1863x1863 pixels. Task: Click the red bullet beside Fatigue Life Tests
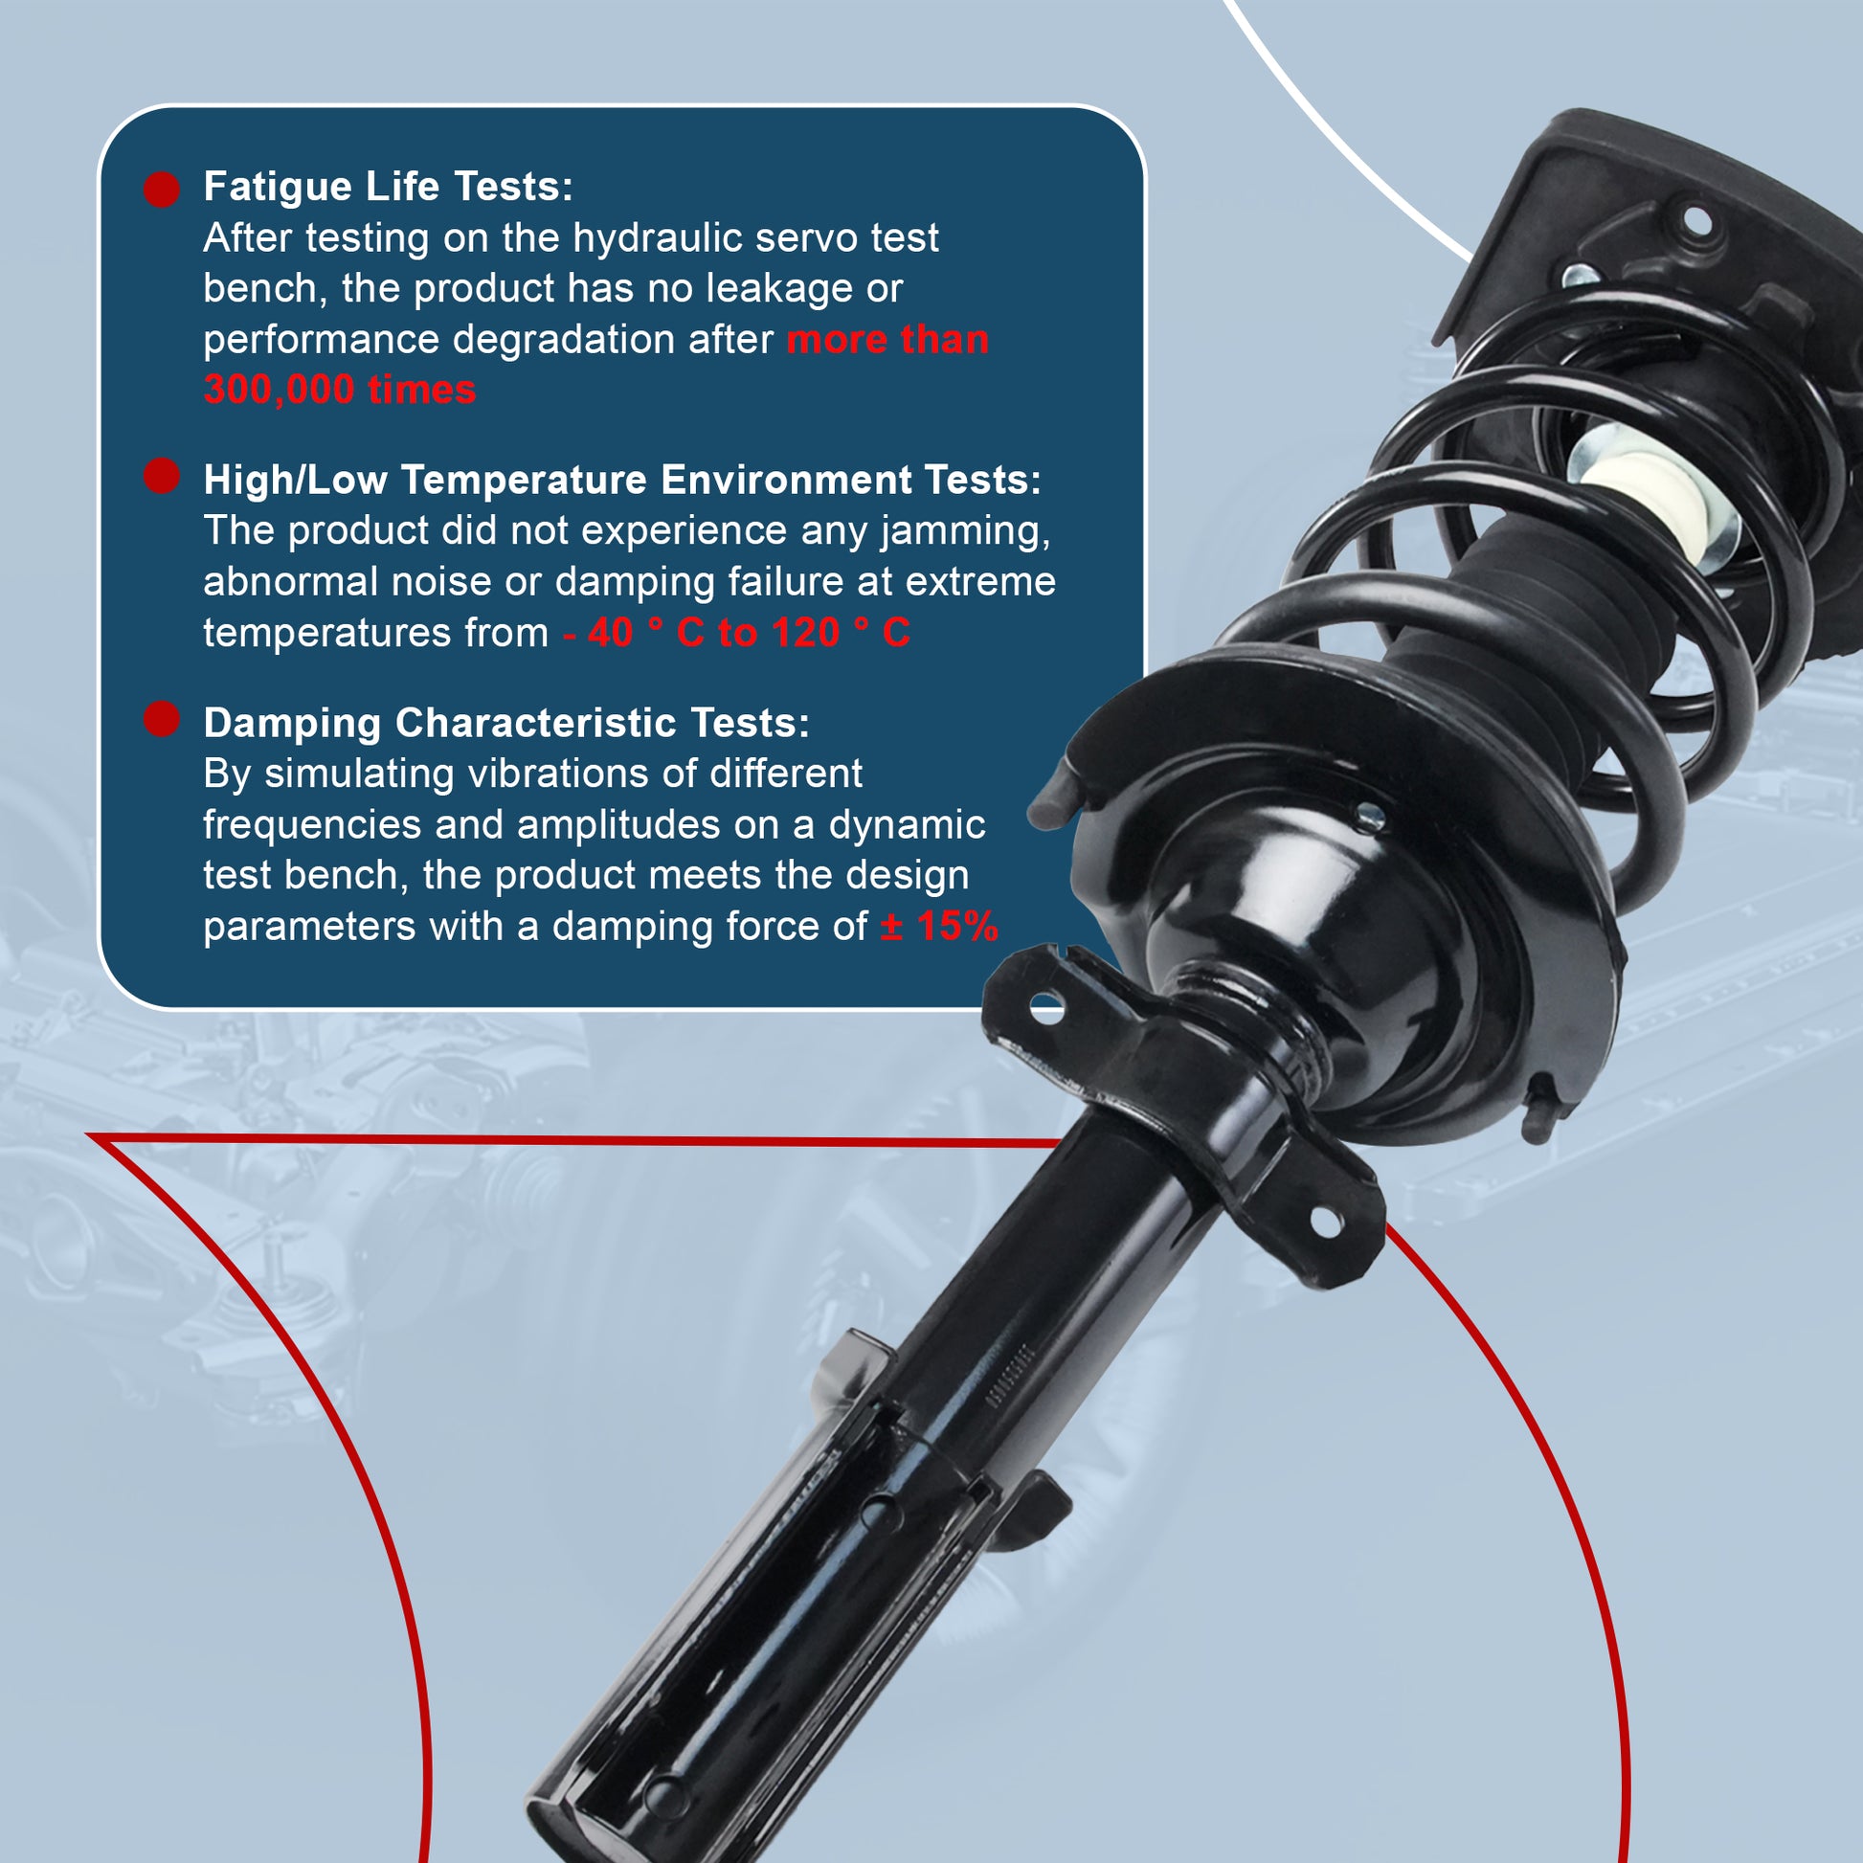(162, 190)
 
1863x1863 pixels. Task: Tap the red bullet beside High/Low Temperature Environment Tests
(162, 476)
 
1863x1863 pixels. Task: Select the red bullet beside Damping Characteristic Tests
(162, 719)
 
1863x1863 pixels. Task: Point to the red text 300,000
(279, 391)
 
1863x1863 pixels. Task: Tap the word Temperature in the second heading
(524, 480)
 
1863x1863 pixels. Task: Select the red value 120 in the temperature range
(806, 634)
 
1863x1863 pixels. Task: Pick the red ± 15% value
(939, 927)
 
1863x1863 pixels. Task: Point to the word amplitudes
(618, 825)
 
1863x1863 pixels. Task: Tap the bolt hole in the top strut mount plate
(1697, 224)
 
